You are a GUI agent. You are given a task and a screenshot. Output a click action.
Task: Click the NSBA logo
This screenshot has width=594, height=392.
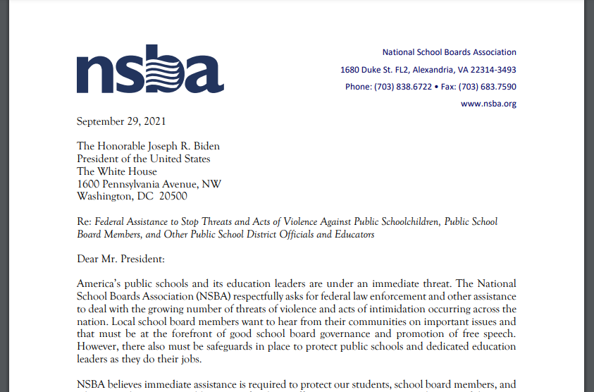(x=149, y=69)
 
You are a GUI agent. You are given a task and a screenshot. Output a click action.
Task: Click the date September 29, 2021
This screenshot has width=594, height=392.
(x=121, y=121)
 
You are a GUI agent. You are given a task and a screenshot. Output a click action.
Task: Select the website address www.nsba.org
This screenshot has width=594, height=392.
(x=488, y=104)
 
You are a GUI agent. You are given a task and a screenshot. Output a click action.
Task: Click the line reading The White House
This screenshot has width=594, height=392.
(x=117, y=171)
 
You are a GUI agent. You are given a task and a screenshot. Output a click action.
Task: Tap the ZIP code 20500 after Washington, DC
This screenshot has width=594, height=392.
(x=173, y=197)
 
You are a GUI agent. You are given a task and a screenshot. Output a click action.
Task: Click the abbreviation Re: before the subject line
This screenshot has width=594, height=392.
(x=84, y=221)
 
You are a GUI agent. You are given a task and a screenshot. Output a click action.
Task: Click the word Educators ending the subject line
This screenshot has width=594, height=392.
(x=353, y=234)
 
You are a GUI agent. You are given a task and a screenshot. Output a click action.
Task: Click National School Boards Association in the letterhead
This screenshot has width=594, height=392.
(x=449, y=52)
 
